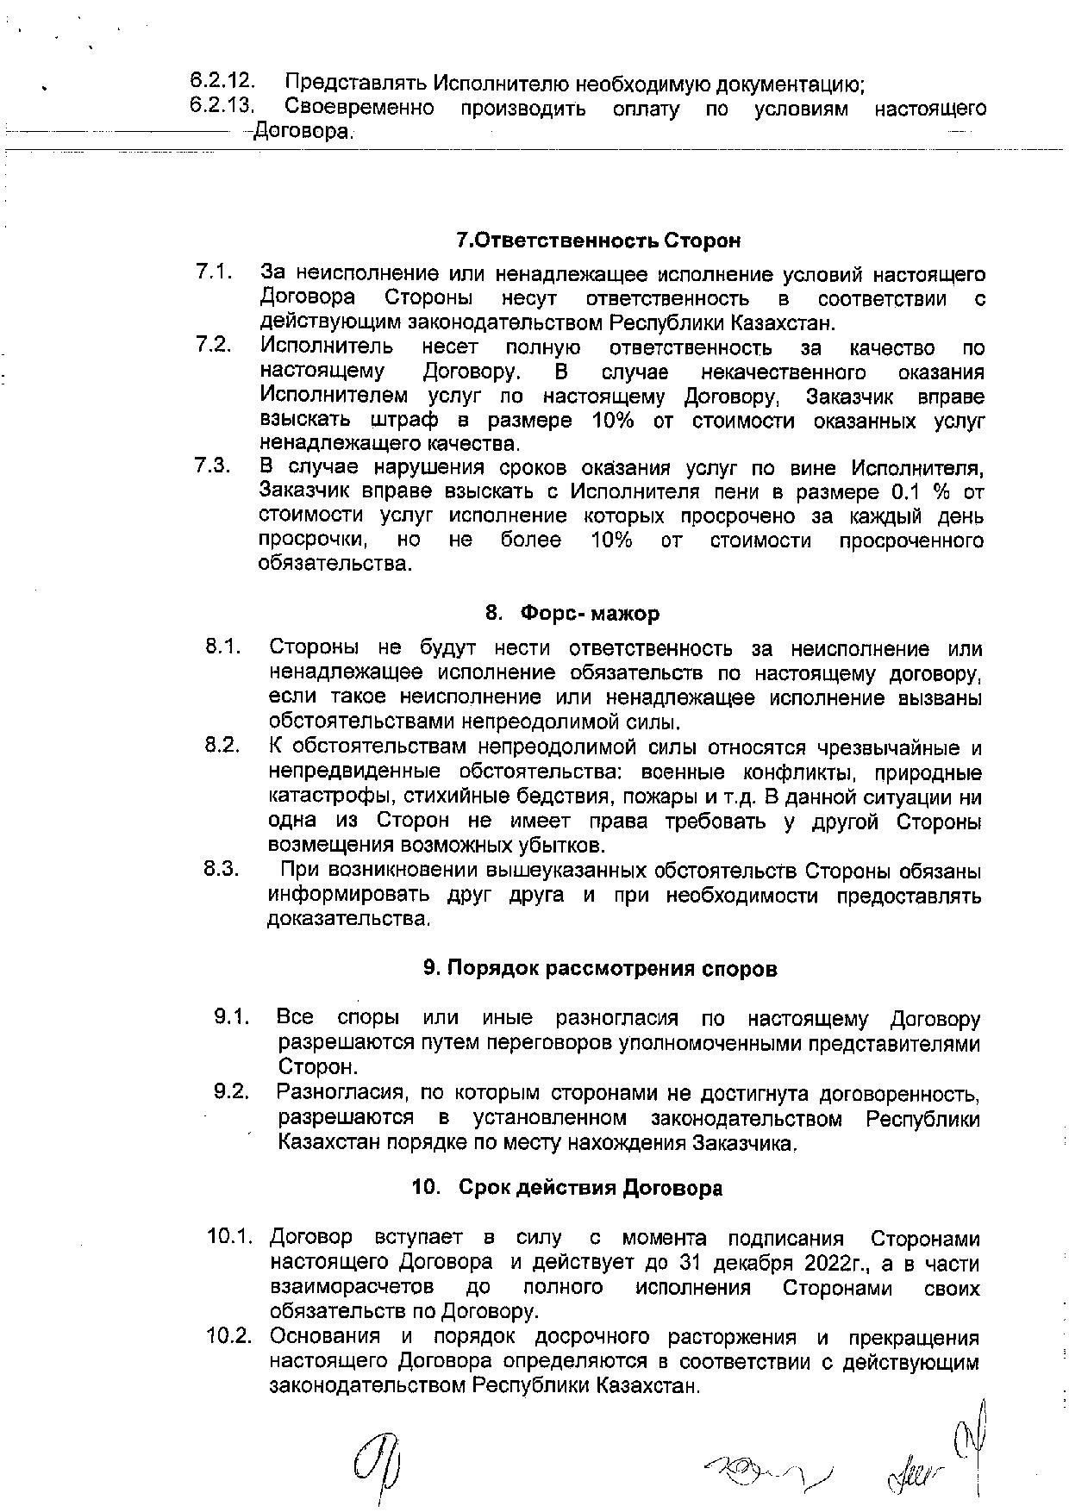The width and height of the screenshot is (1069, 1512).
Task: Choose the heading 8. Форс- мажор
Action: point(572,613)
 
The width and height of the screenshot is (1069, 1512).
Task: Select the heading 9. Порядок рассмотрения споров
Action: point(600,968)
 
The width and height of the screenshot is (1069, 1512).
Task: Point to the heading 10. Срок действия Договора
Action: point(567,1188)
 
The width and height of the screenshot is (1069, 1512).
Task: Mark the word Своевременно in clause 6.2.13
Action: point(359,109)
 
